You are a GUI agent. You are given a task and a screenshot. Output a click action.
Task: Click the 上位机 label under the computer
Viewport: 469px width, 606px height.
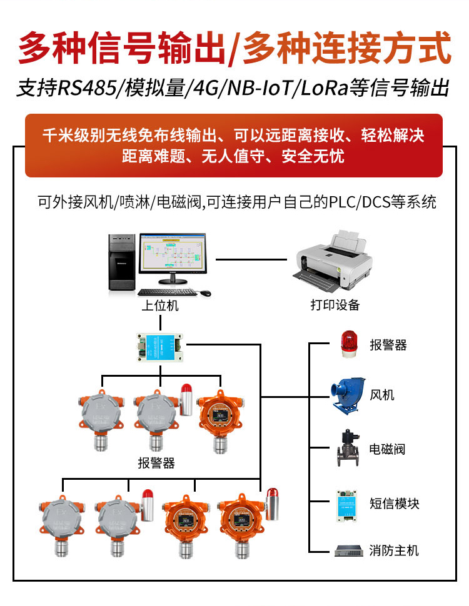(x=159, y=305)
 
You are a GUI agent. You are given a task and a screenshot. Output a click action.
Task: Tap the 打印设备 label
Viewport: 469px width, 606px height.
(x=335, y=305)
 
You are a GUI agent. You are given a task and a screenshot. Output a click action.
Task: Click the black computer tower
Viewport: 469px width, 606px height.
(x=122, y=262)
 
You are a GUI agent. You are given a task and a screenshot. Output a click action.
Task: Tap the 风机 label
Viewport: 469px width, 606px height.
(x=382, y=395)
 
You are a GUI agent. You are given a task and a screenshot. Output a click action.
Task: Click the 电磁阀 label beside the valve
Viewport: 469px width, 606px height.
(x=388, y=449)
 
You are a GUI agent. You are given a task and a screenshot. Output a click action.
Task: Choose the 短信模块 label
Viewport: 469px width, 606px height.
(x=394, y=504)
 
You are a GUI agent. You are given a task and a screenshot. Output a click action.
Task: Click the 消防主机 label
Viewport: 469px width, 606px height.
(x=394, y=550)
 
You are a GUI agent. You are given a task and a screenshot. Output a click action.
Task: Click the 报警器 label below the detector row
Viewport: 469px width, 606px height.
(x=156, y=464)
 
